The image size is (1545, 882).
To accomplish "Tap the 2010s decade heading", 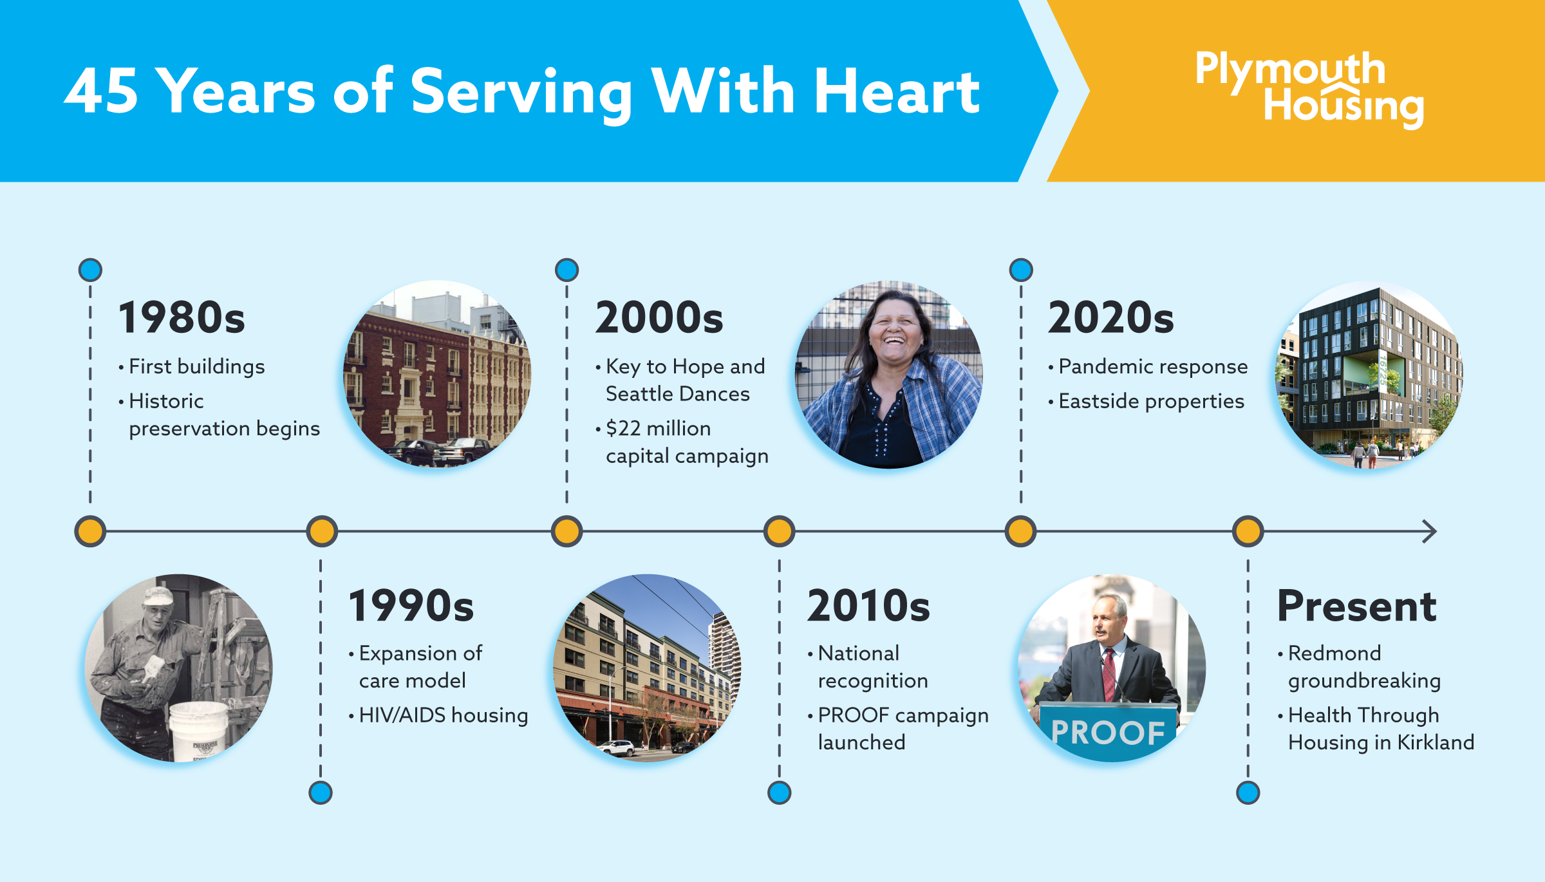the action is tap(868, 606).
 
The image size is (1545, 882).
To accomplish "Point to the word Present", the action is tap(1356, 606).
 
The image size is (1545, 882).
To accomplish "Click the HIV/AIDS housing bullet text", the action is tap(444, 715).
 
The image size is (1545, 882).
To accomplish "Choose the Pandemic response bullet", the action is tap(1153, 367).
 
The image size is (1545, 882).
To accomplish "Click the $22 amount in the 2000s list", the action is tap(623, 428).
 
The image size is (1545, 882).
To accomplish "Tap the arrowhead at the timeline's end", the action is tap(1430, 532).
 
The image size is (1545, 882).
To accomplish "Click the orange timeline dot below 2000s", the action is tap(566, 532).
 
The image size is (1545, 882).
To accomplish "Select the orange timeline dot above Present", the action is tap(1248, 532).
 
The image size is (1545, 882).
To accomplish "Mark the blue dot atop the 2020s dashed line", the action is tap(1021, 270).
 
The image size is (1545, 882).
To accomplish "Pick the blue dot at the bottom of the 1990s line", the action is tap(321, 793).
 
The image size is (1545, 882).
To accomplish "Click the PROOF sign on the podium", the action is tap(1108, 732).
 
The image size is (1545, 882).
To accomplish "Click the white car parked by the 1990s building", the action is tap(616, 748).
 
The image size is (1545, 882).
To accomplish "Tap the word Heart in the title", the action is tap(897, 91).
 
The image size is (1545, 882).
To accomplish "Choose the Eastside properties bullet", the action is tap(1151, 402).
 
